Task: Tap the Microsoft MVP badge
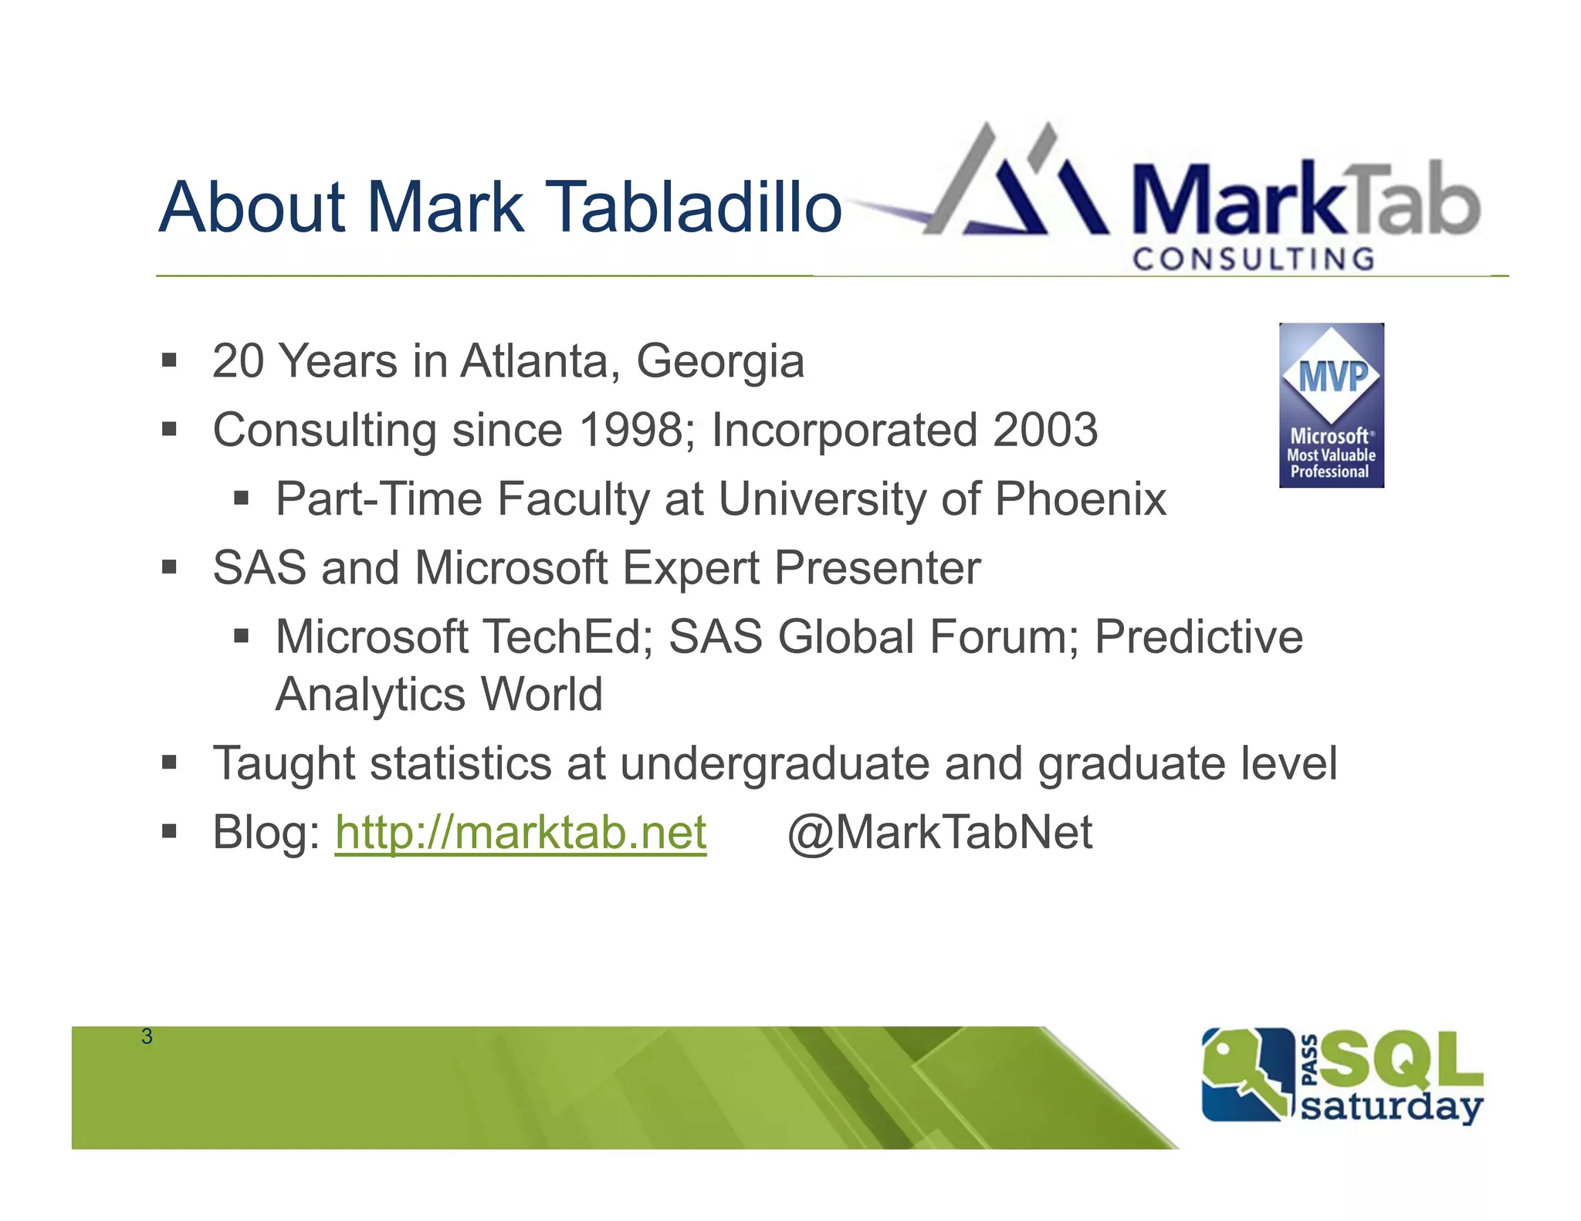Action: pos(1331,405)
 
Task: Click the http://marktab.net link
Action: pos(520,833)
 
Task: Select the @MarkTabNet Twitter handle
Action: pos(939,833)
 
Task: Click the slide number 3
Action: pos(147,1037)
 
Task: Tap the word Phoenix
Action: pos(1080,499)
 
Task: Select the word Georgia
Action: pos(719,361)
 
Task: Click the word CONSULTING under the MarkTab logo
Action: pos(1254,259)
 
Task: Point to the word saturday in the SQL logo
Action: pos(1391,1107)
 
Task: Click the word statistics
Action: pos(460,764)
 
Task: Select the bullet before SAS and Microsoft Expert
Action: pos(170,568)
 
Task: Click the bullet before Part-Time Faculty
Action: pos(242,499)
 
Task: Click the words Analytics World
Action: pos(439,695)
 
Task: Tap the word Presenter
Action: pos(877,568)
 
